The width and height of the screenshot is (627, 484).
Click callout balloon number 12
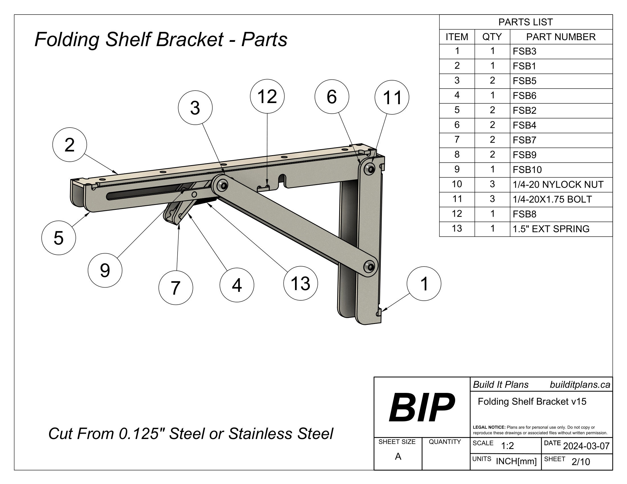267,96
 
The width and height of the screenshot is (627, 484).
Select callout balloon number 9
105,270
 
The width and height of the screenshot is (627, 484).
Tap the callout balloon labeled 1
424,284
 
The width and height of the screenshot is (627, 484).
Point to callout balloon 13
300,283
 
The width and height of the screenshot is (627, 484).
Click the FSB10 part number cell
527,170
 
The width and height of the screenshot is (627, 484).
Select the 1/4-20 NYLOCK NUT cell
558,184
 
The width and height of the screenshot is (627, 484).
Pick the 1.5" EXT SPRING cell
551,229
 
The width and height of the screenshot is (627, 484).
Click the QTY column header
492,37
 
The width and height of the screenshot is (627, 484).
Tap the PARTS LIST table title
525,22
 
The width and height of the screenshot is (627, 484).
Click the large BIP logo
422,407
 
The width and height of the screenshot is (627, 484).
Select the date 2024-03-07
586,446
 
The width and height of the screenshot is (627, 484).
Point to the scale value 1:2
507,446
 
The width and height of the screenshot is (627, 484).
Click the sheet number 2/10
581,462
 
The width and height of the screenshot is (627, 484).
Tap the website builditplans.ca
580,385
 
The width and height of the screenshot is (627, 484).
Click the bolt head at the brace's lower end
369,267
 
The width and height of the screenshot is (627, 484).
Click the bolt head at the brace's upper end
223,186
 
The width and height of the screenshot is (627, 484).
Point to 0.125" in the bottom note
139,434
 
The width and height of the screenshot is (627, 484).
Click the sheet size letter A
398,456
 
